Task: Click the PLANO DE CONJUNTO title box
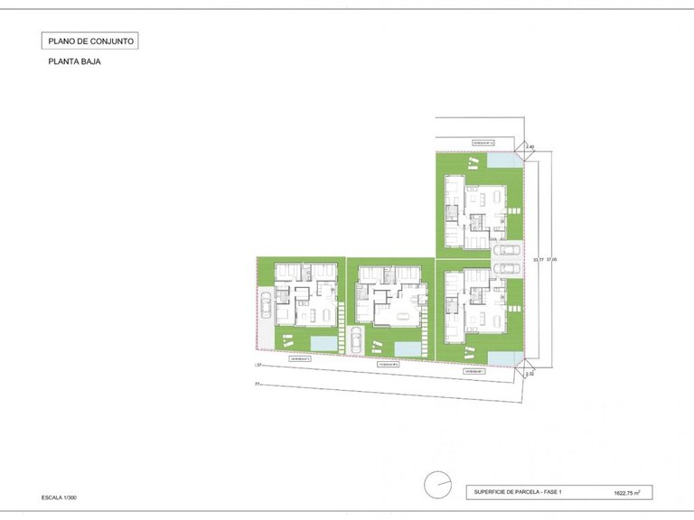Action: coord(90,41)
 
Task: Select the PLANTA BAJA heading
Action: coord(69,63)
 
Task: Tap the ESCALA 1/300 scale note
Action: coord(65,497)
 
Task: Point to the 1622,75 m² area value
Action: coord(626,494)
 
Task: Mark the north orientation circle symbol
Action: coord(438,486)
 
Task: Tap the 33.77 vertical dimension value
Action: coord(539,260)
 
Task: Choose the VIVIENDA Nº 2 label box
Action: coord(389,365)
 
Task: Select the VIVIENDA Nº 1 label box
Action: coord(476,371)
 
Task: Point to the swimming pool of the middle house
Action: coord(411,348)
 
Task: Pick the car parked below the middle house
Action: coord(355,340)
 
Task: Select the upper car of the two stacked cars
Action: coord(508,250)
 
